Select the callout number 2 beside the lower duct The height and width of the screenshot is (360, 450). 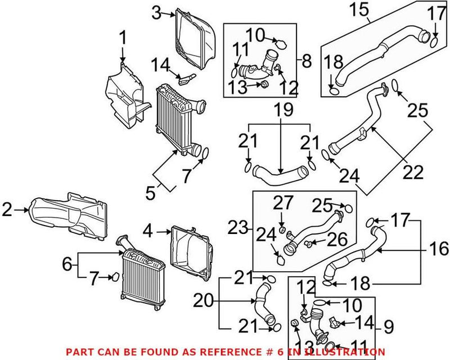click(7, 210)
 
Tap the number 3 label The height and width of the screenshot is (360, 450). click(157, 11)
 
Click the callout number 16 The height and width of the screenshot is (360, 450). click(439, 247)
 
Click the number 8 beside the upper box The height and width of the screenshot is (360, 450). click(306, 61)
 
